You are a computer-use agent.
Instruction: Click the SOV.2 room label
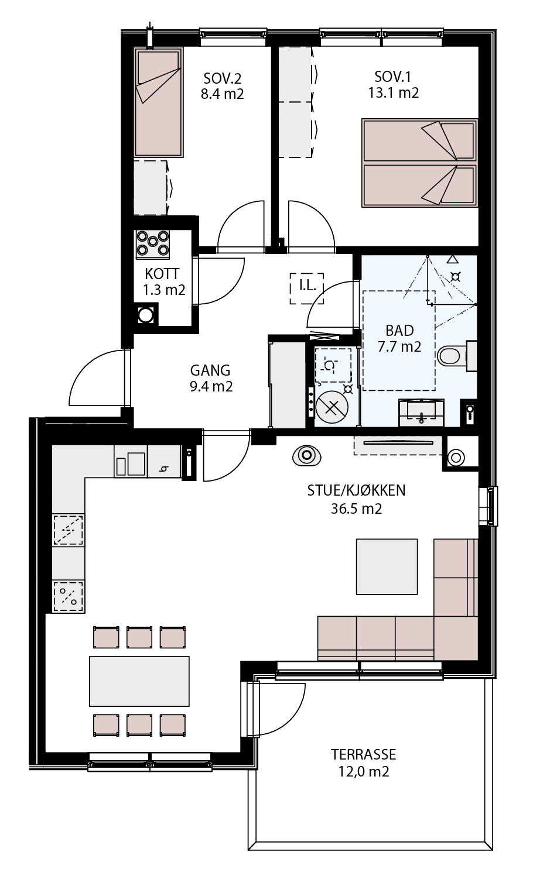(x=222, y=78)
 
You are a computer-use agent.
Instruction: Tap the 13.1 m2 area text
(x=394, y=93)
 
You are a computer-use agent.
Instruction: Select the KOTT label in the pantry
(x=162, y=274)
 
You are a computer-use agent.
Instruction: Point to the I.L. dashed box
(x=307, y=288)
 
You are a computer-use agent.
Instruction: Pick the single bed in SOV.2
(x=158, y=102)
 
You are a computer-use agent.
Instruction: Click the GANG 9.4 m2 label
(x=211, y=379)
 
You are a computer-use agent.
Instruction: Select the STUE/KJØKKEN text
(x=356, y=490)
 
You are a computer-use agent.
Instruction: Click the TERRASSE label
(x=363, y=754)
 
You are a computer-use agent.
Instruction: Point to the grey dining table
(x=139, y=681)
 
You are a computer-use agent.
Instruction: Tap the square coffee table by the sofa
(x=387, y=566)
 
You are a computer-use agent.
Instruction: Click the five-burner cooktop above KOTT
(x=153, y=244)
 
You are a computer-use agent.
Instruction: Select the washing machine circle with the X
(x=332, y=407)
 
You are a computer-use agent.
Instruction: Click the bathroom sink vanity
(x=421, y=413)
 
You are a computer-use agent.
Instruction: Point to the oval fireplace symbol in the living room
(x=306, y=456)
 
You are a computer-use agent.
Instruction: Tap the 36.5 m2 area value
(x=356, y=509)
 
